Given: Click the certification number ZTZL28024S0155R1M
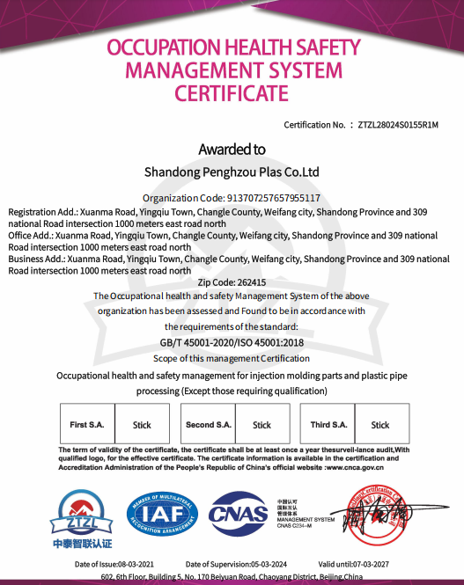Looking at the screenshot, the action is (400, 125).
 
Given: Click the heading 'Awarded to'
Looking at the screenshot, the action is (232, 150).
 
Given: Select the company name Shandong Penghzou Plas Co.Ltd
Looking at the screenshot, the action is (232, 172).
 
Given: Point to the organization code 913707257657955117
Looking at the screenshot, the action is (274, 198).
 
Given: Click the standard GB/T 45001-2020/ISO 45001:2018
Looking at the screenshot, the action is (232, 343).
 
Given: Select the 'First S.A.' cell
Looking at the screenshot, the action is (87, 425).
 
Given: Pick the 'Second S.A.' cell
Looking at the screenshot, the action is (209, 425).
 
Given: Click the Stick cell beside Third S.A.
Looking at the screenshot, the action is (380, 425).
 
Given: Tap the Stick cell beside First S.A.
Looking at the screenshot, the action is (142, 425).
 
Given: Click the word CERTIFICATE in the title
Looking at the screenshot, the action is (232, 92).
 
